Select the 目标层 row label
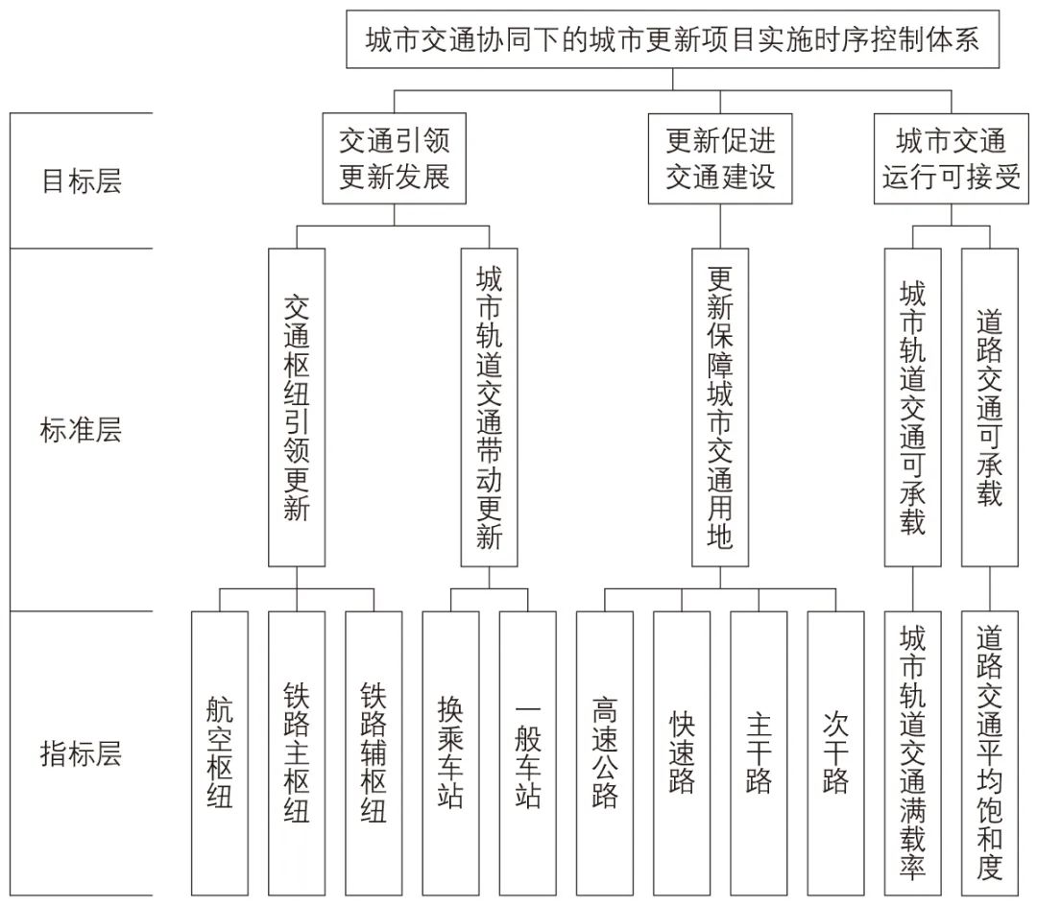tap(82, 181)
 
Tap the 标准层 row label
tap(82, 430)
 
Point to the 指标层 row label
tap(82, 753)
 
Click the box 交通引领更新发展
tap(394, 158)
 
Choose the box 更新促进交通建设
tap(720, 158)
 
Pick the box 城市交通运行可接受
tap(951, 158)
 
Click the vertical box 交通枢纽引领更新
tap(297, 407)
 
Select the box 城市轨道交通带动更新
tap(489, 407)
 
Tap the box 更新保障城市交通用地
tap(720, 407)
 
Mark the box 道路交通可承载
tap(990, 407)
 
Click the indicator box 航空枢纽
tap(220, 753)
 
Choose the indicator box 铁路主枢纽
tap(297, 753)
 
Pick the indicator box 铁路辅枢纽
tap(374, 753)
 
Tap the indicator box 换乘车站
tap(450, 753)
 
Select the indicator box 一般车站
tap(527, 753)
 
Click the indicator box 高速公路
tap(605, 753)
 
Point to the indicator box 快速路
tap(682, 753)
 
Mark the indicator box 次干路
tap(835, 753)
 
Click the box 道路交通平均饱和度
tap(990, 753)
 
